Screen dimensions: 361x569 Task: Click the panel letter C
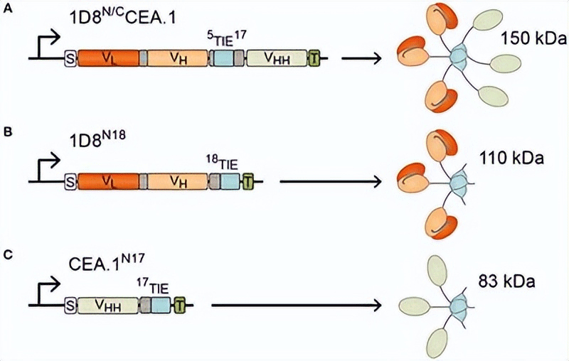[x=7, y=254]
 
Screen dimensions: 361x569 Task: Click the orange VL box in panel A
[x=107, y=58]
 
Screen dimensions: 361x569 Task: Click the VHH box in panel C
[x=107, y=306]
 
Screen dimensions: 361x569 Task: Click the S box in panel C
[x=70, y=306]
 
